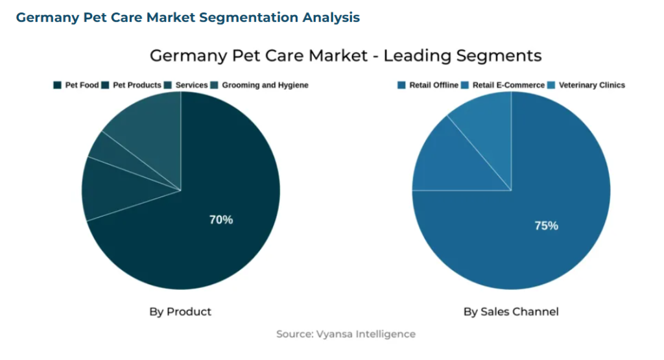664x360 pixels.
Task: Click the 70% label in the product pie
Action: point(220,220)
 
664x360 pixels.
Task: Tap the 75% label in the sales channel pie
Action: point(546,226)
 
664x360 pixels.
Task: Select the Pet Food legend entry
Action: point(82,85)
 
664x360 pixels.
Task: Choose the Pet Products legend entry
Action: point(137,85)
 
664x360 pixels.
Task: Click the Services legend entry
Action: point(191,85)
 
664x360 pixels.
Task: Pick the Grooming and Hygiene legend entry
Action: point(265,85)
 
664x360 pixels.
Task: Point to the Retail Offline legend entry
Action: point(433,85)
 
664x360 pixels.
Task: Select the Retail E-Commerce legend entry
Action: point(508,85)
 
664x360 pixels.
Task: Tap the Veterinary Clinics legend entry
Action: point(591,85)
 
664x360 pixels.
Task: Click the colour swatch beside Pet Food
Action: point(57,85)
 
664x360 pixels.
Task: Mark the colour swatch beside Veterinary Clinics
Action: point(552,85)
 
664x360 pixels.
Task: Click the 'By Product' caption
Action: point(180,312)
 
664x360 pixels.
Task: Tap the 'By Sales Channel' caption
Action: point(511,312)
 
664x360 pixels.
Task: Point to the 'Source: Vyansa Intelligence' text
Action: point(346,334)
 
